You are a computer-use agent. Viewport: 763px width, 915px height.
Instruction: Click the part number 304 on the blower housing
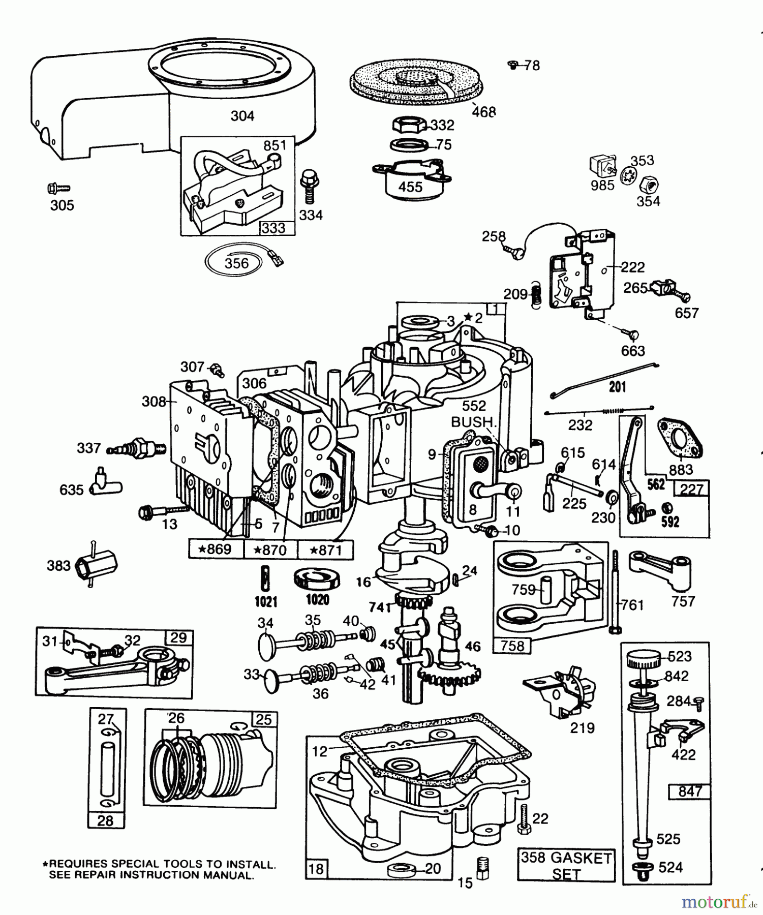coord(242,116)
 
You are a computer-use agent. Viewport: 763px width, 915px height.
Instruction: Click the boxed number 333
coord(273,228)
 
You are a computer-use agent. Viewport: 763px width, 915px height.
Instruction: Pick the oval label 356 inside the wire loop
coord(236,263)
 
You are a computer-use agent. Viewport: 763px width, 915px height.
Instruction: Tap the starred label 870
coord(270,550)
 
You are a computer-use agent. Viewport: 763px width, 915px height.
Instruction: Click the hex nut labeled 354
coord(649,184)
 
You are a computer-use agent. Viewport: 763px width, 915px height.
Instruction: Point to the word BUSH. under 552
coord(473,422)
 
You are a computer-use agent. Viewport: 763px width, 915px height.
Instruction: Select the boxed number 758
coord(512,646)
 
